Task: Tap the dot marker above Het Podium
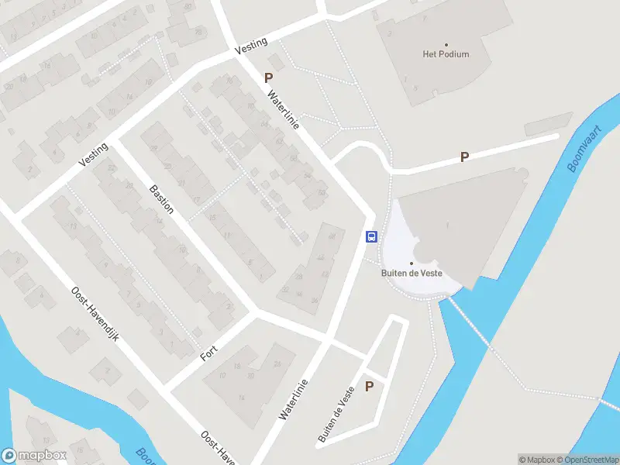[x=446, y=45]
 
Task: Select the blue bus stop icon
[x=371, y=236]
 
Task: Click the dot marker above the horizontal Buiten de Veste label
[x=412, y=263]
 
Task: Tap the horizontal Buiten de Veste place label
[x=412, y=273]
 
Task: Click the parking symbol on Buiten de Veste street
[x=370, y=387]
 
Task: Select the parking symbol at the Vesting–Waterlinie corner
[x=269, y=77]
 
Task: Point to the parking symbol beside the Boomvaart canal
[x=465, y=157]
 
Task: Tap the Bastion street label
[x=161, y=198]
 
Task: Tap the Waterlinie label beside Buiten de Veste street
[x=294, y=399]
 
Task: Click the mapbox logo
[x=33, y=456]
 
